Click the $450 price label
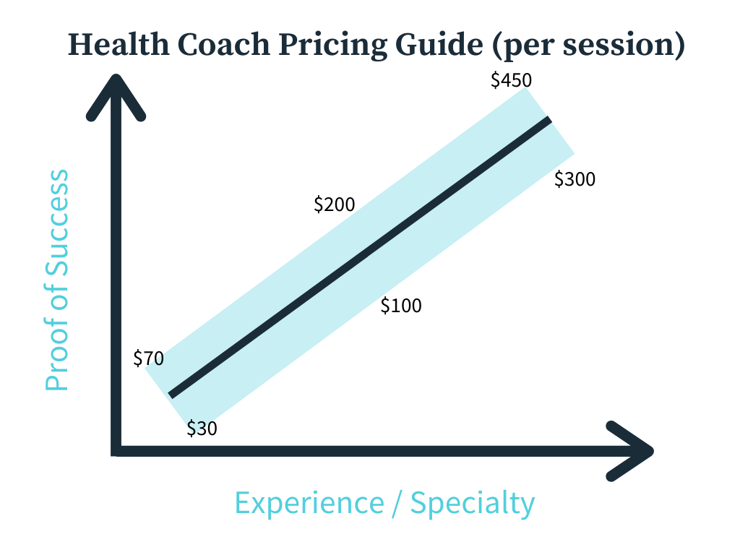point(511,80)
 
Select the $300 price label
point(575,179)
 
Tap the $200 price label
point(334,205)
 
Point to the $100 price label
point(401,306)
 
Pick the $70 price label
point(149,358)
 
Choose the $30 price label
point(202,429)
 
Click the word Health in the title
point(119,45)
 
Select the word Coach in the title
point(224,45)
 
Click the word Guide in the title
point(439,45)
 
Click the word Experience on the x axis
point(309,504)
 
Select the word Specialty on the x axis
point(473,504)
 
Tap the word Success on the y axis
point(57,223)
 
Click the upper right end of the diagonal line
point(549,120)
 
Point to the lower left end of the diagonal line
point(171,395)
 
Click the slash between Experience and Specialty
point(397,504)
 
